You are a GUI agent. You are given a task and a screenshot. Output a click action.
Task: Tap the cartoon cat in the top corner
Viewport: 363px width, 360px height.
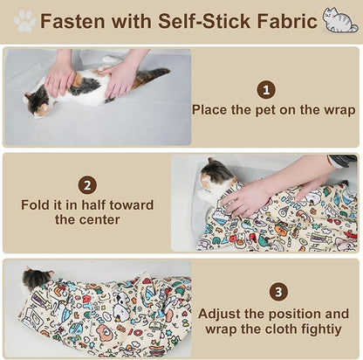(x=339, y=20)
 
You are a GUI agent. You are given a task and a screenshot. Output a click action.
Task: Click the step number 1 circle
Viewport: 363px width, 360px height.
(x=266, y=89)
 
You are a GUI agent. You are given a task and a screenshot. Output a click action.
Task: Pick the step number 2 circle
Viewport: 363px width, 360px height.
(x=86, y=185)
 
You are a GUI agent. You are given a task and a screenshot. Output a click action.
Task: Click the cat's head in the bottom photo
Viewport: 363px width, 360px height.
(x=37, y=280)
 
